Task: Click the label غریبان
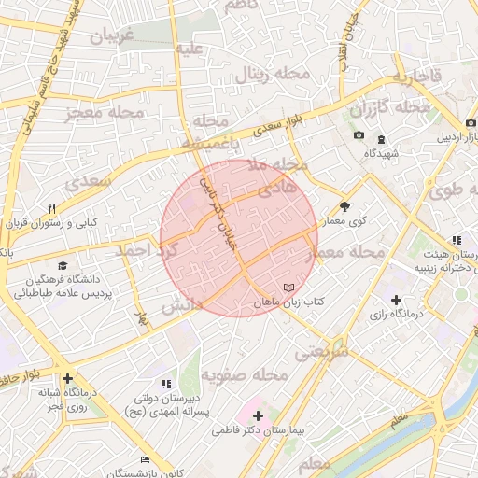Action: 113,36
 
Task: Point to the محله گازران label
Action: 389,109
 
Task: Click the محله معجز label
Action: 105,113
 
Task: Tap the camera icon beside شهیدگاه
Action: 358,136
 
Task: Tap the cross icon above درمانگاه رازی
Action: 397,300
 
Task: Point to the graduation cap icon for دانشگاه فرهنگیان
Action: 62,265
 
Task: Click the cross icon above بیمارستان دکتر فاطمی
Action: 258,415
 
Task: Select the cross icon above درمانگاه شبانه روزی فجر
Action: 68,379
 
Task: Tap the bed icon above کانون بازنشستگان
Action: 144,459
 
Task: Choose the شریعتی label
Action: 321,353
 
